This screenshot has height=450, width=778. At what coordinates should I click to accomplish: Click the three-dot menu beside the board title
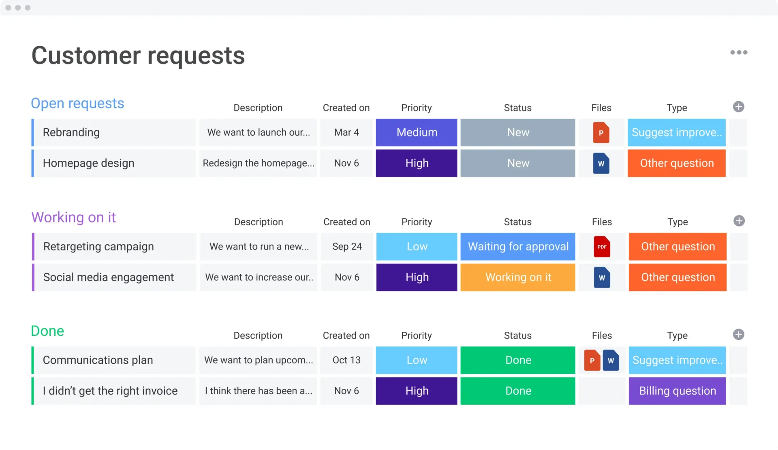(739, 52)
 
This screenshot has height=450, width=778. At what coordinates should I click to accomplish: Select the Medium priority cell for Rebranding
(416, 132)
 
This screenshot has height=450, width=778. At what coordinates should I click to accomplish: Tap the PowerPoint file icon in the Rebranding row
(601, 132)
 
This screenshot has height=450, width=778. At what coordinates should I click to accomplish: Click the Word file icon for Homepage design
(601, 163)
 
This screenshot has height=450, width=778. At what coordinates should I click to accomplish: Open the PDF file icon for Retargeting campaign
(602, 247)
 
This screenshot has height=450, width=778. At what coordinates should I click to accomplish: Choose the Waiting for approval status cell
(517, 247)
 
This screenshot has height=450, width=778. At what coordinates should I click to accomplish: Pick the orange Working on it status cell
(517, 277)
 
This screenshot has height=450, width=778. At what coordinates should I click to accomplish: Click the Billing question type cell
(677, 391)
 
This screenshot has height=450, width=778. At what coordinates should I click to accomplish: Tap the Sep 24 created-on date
(347, 247)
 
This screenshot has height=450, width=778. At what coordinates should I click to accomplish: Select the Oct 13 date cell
(346, 360)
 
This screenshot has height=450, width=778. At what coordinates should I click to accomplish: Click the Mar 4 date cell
(346, 132)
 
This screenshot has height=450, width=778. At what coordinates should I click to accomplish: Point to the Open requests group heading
(77, 103)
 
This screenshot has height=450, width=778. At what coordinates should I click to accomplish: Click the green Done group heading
(47, 331)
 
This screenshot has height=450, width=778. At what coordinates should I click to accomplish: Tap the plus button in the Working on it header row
(739, 221)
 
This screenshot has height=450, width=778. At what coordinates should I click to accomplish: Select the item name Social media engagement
(109, 277)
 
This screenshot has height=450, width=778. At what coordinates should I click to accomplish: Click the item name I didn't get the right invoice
(110, 391)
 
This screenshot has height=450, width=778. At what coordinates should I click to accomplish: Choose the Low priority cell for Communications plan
(416, 360)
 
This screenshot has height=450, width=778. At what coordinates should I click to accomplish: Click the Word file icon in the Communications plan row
(611, 360)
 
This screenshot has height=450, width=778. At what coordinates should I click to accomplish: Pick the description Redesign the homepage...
(259, 163)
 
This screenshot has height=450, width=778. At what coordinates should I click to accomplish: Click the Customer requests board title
(138, 55)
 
